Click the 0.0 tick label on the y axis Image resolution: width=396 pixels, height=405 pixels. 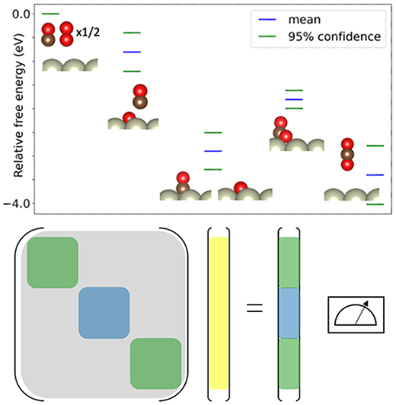tap(21, 14)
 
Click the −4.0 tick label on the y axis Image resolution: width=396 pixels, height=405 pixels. tap(17, 204)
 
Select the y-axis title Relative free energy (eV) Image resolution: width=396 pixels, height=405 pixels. tap(18, 106)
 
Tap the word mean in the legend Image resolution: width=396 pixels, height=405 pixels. tap(305, 20)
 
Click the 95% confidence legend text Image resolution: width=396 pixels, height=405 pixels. tap(334, 37)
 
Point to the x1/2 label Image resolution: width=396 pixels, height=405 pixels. tap(88, 33)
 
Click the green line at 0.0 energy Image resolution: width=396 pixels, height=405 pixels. tap(50, 14)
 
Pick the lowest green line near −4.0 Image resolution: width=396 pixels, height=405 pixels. tap(375, 204)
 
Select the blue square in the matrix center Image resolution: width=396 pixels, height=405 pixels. tap(104, 313)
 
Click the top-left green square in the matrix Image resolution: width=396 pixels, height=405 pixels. tap(53, 263)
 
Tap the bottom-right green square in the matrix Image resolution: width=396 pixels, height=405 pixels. tap(155, 363)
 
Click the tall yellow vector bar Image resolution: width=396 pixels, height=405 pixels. tap(219, 313)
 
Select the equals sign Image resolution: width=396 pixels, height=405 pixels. tap(254, 308)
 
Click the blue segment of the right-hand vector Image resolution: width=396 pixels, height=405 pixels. tap(289, 313)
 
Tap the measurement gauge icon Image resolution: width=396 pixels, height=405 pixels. tap(356, 314)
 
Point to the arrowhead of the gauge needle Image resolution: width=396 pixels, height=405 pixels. tap(366, 303)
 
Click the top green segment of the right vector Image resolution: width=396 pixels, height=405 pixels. tap(289, 263)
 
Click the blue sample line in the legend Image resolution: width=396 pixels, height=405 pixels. tap(267, 20)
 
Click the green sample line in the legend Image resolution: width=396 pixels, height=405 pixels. tap(267, 37)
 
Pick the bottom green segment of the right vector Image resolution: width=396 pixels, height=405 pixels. tap(289, 364)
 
